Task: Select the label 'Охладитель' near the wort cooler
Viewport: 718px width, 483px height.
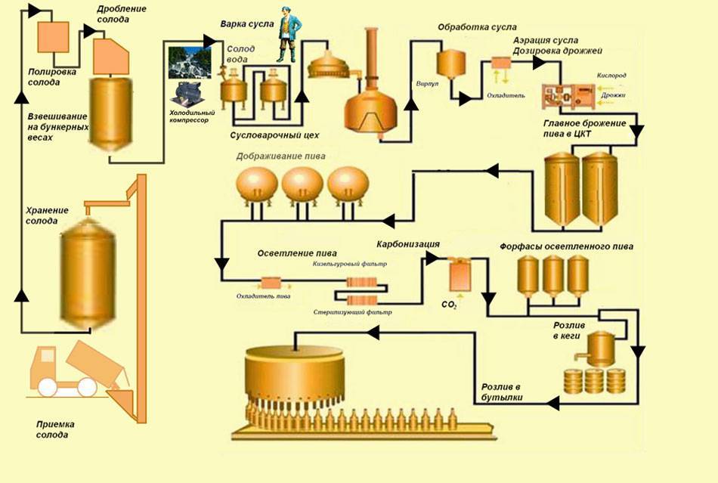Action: click(502, 95)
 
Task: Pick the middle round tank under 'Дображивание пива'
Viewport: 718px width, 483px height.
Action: click(303, 184)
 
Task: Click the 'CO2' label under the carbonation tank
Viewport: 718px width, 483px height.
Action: click(449, 306)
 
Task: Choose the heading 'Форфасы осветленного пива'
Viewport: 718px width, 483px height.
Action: click(566, 247)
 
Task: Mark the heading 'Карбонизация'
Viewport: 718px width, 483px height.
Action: click(408, 244)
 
